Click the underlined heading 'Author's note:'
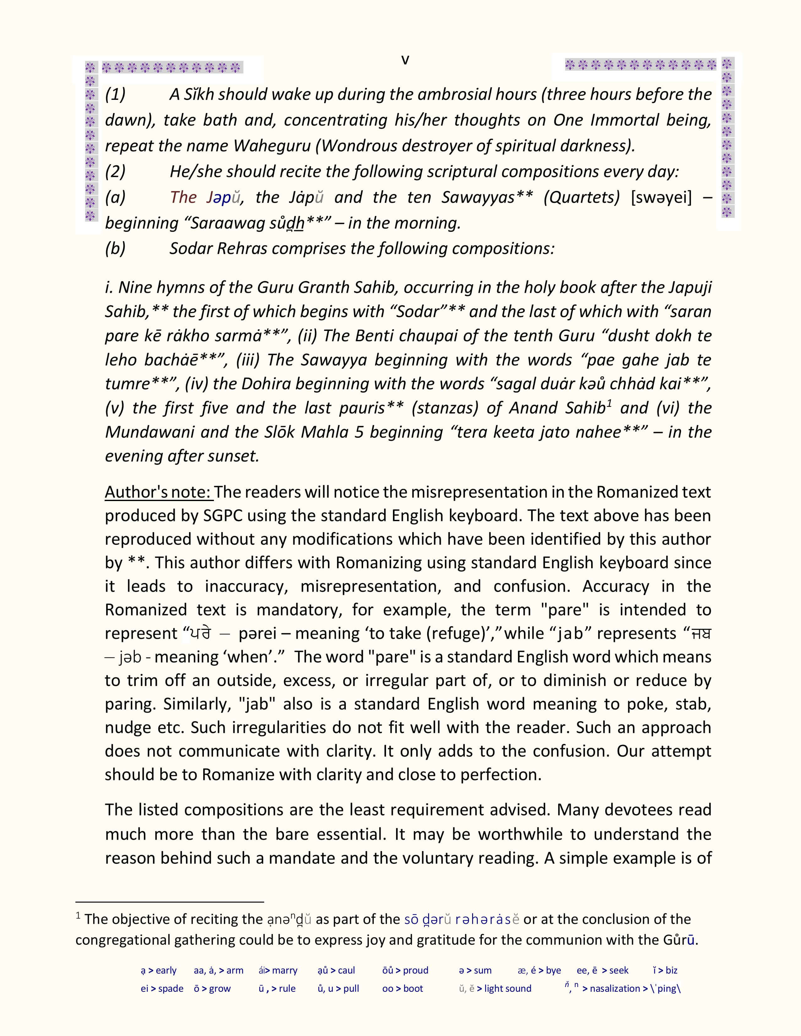pos(159,492)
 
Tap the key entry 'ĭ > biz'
pos(665,970)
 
